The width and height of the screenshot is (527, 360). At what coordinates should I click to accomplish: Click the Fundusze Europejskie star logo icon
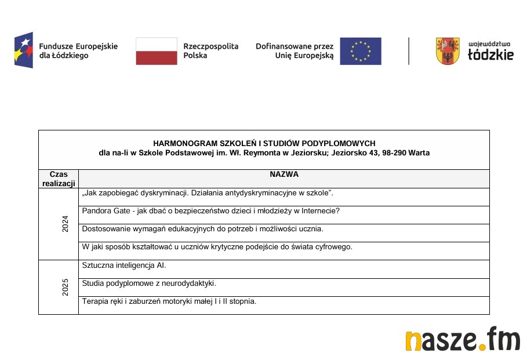pyautogui.click(x=24, y=50)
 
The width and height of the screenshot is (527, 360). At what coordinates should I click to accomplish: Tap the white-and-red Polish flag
pyautogui.click(x=157, y=51)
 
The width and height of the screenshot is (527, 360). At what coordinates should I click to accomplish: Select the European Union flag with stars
pyautogui.click(x=361, y=51)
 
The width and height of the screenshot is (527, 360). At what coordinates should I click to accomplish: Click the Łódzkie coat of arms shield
pyautogui.click(x=448, y=51)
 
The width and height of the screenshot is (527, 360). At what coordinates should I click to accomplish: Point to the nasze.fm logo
pyautogui.click(x=463, y=339)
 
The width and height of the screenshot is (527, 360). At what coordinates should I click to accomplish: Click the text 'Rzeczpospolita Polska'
pyautogui.click(x=210, y=51)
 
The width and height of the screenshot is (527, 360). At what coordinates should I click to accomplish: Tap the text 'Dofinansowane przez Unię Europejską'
pyautogui.click(x=295, y=51)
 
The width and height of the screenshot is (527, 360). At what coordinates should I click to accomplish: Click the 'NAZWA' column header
pyautogui.click(x=284, y=174)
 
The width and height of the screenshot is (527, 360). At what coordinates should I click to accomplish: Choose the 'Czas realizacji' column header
pyautogui.click(x=59, y=179)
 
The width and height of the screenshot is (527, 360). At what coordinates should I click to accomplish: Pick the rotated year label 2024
pyautogui.click(x=66, y=224)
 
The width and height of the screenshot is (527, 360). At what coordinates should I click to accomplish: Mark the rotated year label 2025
pyautogui.click(x=66, y=288)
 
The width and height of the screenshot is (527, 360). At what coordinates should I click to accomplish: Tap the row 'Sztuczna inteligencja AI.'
pyautogui.click(x=124, y=266)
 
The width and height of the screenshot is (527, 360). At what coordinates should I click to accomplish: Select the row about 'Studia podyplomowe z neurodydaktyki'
pyautogui.click(x=149, y=283)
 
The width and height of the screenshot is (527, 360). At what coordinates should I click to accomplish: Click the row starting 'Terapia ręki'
pyautogui.click(x=169, y=301)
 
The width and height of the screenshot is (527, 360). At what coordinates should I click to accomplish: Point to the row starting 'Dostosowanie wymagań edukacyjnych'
pyautogui.click(x=202, y=229)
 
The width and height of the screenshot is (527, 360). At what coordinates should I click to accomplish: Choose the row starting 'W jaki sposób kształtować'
pyautogui.click(x=217, y=247)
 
